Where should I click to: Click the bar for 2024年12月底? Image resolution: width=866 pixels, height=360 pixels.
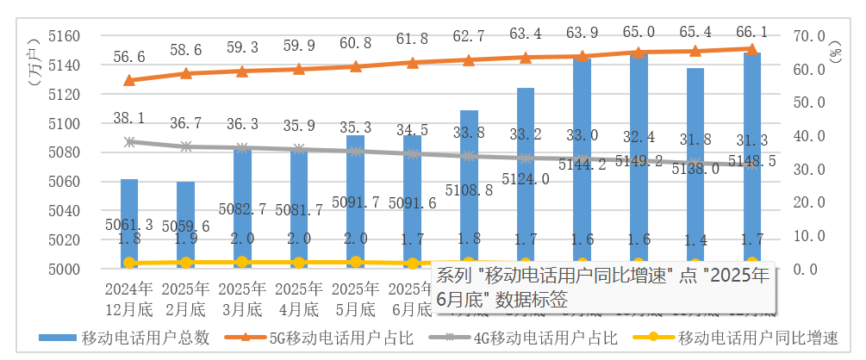tap(129, 224)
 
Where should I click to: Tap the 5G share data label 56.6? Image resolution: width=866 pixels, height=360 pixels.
tap(129, 57)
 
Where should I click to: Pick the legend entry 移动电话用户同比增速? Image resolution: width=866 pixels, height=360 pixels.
tap(758, 338)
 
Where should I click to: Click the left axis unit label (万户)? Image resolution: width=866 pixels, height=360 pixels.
tap(33, 60)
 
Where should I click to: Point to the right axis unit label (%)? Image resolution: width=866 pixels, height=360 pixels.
tap(835, 58)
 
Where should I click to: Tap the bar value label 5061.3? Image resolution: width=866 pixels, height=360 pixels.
tap(129, 225)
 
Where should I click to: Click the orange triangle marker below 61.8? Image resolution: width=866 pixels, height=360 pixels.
tap(412, 63)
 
